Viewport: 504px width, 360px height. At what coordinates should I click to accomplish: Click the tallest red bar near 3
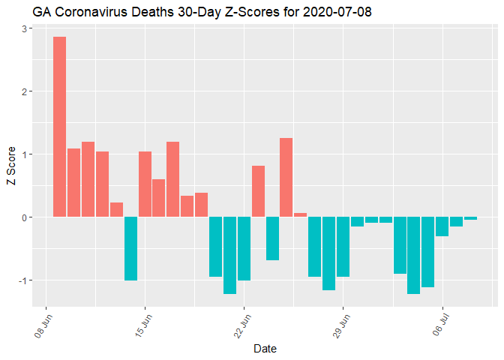[59, 127]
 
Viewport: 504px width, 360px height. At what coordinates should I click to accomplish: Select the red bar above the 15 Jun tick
[145, 184]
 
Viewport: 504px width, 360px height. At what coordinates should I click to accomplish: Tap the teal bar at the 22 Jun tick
[244, 248]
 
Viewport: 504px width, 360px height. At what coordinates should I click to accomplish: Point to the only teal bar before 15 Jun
[130, 248]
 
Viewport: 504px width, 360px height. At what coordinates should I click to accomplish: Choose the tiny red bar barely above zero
[300, 215]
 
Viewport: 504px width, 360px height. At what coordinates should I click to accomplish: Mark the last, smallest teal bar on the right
[470, 218]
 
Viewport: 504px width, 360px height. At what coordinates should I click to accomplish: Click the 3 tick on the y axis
[24, 29]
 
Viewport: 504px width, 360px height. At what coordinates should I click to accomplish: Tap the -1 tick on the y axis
[22, 280]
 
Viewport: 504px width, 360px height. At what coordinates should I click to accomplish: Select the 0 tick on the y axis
[24, 217]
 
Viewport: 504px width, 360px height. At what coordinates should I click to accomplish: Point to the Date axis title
[265, 349]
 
